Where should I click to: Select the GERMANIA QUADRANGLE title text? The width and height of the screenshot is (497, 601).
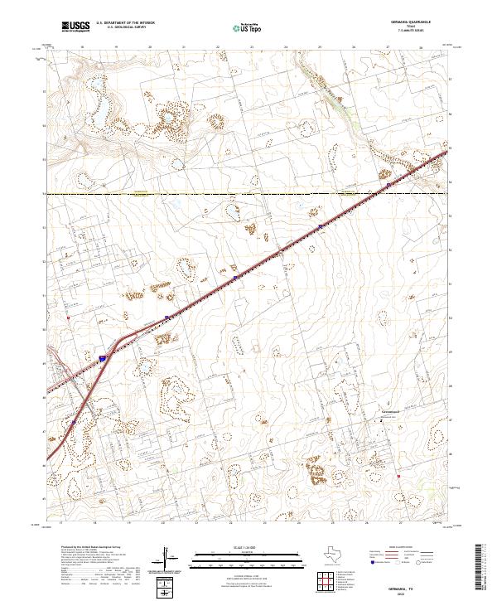[x=422, y=23]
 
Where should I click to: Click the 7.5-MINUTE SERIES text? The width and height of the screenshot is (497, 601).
[x=422, y=32]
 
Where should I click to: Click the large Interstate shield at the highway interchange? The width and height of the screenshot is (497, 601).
[x=104, y=358]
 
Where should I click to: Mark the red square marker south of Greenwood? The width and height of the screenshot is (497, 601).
[x=398, y=477]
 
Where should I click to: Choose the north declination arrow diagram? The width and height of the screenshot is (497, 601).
[x=168, y=560]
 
